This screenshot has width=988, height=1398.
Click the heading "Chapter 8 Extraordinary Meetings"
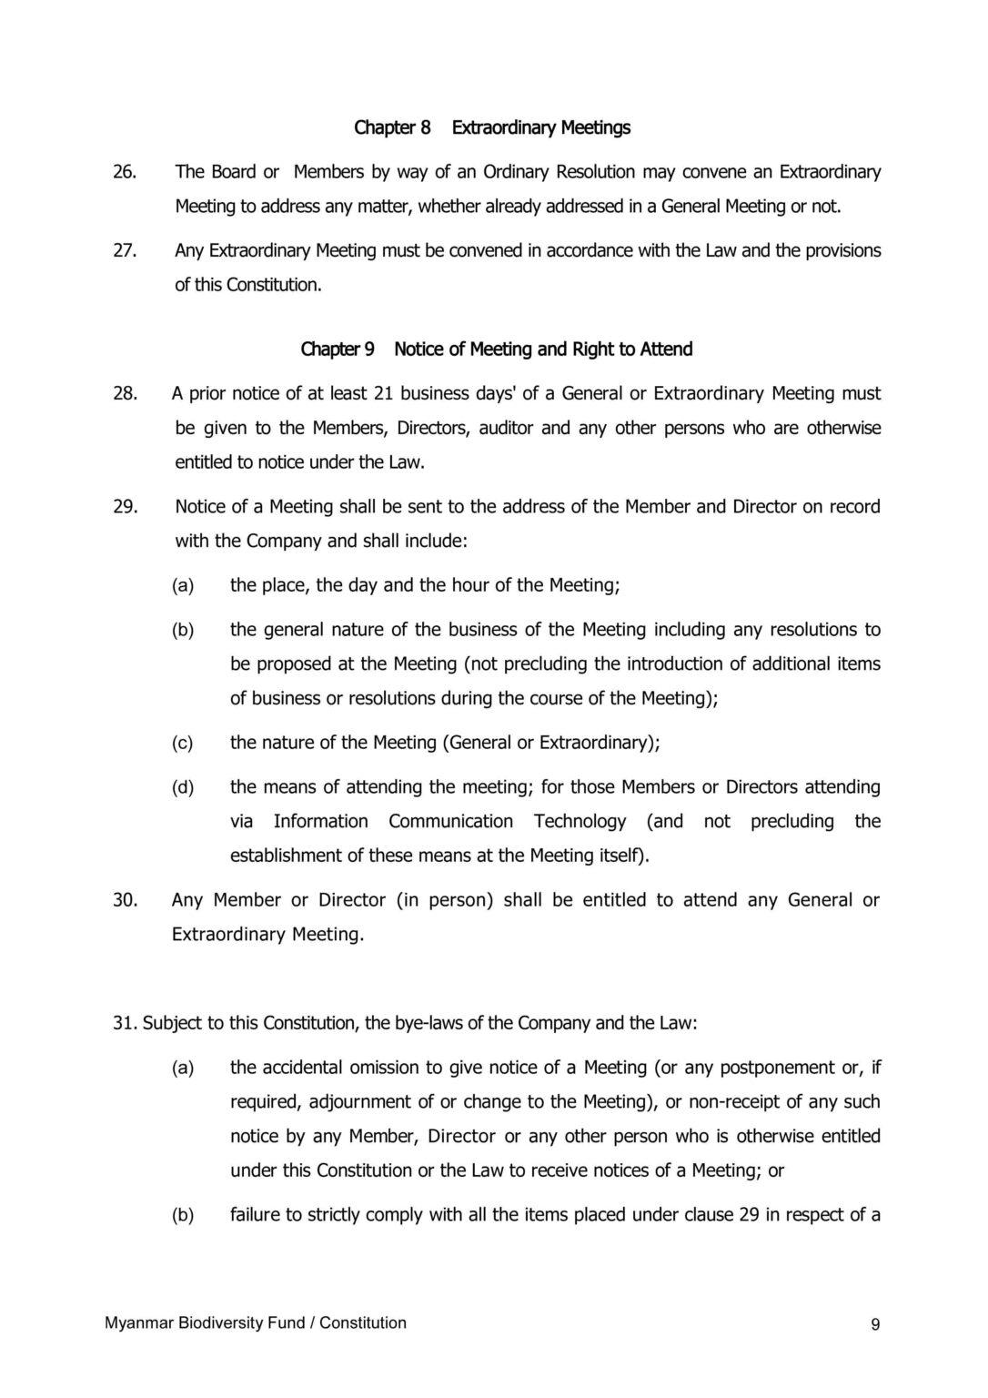[x=491, y=127]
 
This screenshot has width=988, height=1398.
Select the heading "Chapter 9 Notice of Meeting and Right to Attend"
[x=496, y=349]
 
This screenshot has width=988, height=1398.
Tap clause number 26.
[x=125, y=172]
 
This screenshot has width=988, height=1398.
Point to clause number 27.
[x=125, y=250]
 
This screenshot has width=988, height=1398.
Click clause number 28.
[x=125, y=394]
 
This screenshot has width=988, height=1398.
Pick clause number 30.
[x=125, y=900]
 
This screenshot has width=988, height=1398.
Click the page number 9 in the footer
[x=875, y=1325]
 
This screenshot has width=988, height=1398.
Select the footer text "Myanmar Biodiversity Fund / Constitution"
[x=256, y=1323]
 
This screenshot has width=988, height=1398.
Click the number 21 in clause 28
[x=383, y=394]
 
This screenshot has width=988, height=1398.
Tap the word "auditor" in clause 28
[x=502, y=429]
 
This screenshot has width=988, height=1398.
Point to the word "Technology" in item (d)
[x=580, y=822]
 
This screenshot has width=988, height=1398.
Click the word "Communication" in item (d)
[x=450, y=822]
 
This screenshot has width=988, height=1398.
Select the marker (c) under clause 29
[x=183, y=744]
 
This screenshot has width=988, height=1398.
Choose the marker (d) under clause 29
[x=183, y=787]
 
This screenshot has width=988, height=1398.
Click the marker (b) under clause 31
[x=183, y=1215]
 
